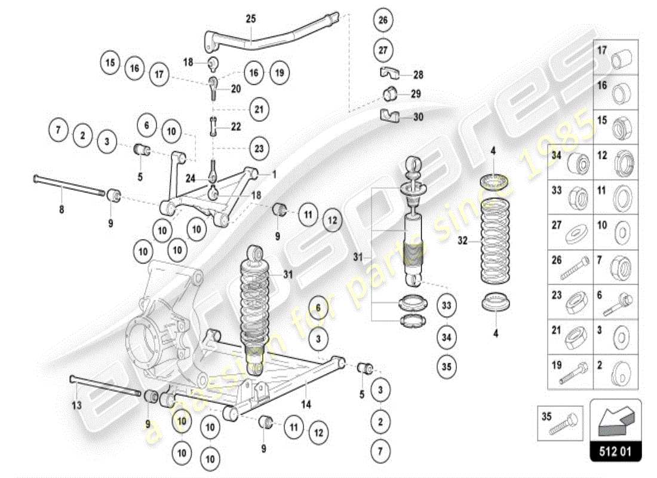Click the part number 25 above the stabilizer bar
250,19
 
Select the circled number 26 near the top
383,20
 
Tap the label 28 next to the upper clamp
418,75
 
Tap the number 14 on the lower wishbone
306,405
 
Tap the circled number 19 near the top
278,73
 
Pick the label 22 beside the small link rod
236,127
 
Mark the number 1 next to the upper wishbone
274,174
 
